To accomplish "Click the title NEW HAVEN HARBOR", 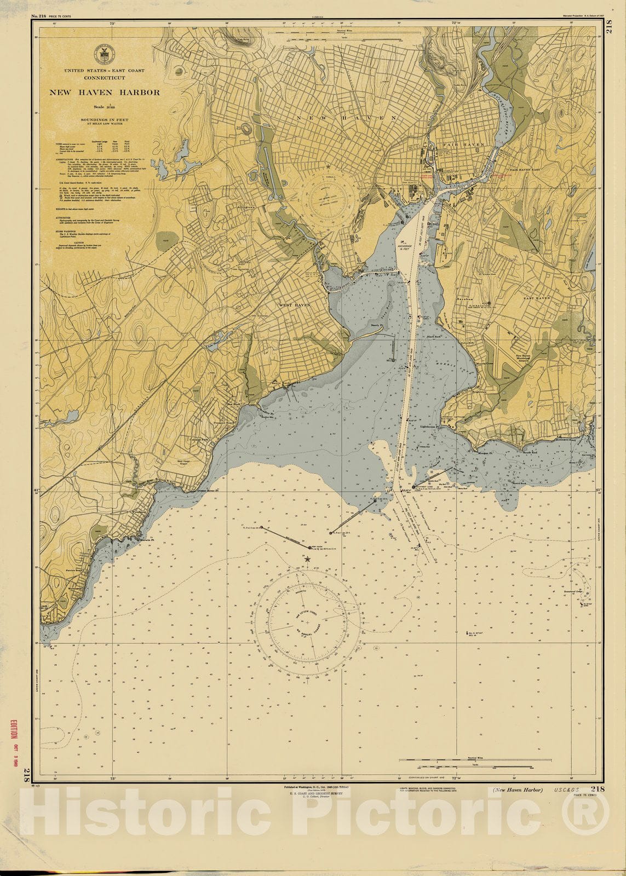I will (x=105, y=93).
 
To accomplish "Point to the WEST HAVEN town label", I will (x=295, y=304).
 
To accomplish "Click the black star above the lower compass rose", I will (x=307, y=559).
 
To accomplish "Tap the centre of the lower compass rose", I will (x=307, y=623).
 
